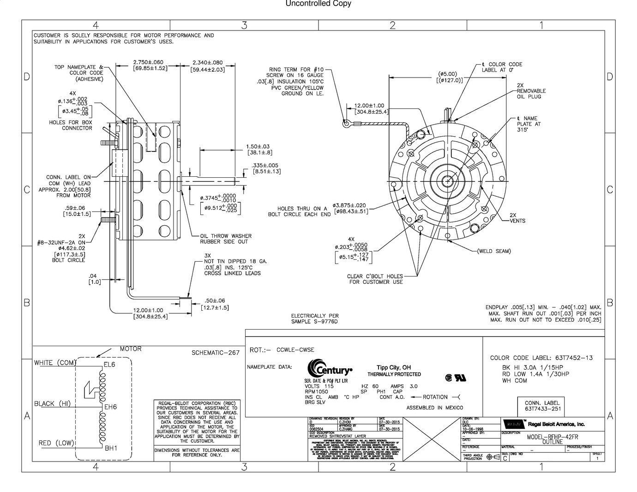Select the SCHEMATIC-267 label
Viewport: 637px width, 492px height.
coord(216,353)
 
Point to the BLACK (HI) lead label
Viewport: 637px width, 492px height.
coord(52,404)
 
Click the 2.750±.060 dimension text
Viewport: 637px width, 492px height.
coord(148,62)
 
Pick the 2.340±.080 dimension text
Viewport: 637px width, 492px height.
coord(207,62)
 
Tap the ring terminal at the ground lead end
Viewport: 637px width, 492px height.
coord(345,123)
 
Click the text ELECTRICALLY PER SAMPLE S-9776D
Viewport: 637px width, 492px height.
coord(314,318)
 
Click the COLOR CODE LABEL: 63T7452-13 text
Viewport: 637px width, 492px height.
coord(541,358)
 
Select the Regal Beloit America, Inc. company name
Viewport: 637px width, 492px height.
coord(556,424)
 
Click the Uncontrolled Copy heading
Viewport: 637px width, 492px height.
coord(318,4)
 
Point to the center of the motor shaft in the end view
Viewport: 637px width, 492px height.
coord(448,181)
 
